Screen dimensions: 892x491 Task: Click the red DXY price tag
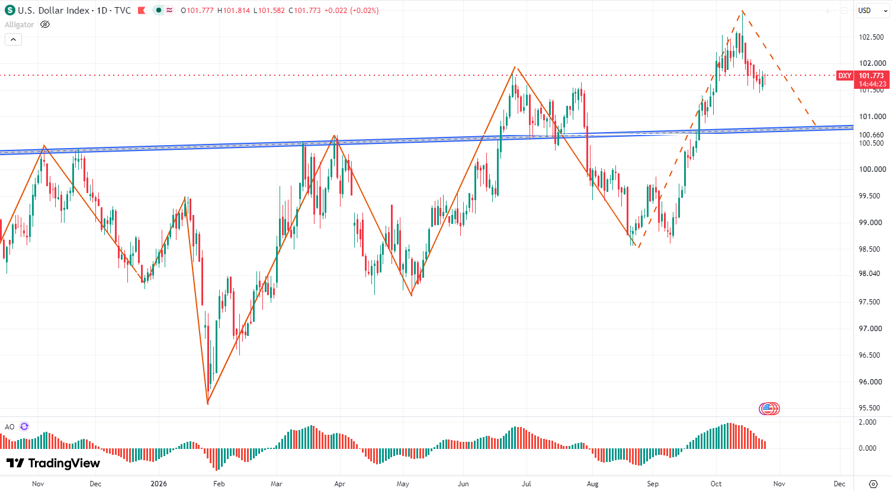(844, 76)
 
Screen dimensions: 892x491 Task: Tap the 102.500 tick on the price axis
(871, 37)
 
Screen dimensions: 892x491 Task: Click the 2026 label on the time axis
(159, 484)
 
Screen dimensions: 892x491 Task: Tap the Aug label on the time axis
(592, 484)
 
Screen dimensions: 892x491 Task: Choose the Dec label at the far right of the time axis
(839, 484)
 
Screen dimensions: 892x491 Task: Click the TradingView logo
(53, 463)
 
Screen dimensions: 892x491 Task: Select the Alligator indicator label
(19, 25)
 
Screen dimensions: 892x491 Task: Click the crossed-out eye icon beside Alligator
(45, 25)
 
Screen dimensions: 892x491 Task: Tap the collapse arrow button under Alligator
(13, 40)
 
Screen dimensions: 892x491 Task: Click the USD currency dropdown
(872, 11)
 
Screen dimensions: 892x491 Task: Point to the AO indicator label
(9, 427)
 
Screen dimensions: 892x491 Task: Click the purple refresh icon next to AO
(24, 427)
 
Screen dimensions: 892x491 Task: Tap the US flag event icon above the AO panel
(769, 409)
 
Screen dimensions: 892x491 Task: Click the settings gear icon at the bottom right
(873, 484)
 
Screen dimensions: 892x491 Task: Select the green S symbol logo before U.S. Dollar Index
(9, 10)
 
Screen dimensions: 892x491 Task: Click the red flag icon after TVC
(142, 10)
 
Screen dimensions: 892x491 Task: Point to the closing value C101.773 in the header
(304, 11)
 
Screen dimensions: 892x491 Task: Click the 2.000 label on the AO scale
(868, 422)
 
